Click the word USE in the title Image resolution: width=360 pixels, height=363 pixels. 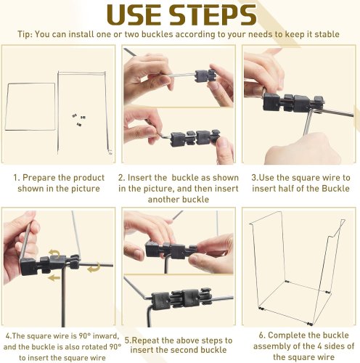click(x=134, y=15)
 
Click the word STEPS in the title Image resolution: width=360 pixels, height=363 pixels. click(x=213, y=15)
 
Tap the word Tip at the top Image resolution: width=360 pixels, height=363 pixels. click(x=24, y=34)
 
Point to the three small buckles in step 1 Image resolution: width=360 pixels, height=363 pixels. click(x=79, y=120)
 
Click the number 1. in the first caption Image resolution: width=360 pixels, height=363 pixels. click(x=17, y=178)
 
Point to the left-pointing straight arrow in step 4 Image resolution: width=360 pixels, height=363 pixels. click(x=54, y=278)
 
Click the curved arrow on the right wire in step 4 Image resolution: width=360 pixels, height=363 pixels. click(x=94, y=267)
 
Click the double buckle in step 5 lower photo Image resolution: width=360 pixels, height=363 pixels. click(x=181, y=298)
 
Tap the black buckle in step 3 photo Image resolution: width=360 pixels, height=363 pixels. click(x=293, y=102)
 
